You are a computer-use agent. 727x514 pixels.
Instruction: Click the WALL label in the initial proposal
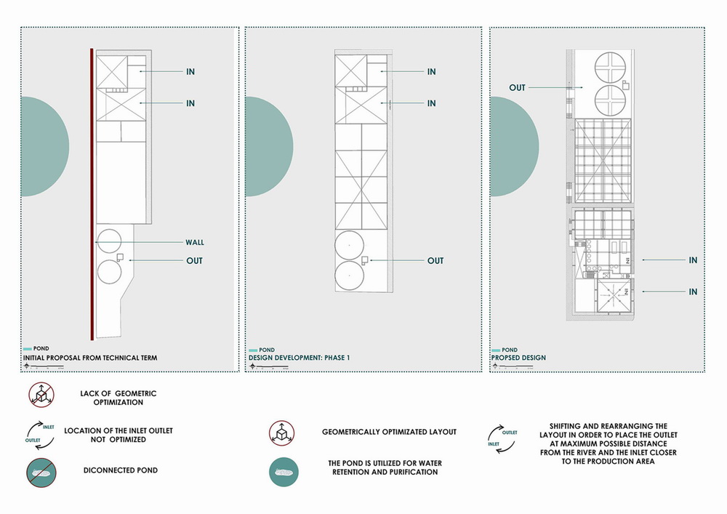193,243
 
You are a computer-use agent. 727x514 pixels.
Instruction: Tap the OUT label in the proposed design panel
517,88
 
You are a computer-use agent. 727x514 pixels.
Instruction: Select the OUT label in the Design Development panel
435,261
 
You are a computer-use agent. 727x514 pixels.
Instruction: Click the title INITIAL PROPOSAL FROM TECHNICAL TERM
90,358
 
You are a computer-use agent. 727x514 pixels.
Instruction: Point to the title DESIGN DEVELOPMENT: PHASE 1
299,358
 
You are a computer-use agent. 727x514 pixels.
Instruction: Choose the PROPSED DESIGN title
518,358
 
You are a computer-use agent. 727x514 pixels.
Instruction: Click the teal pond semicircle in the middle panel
268,148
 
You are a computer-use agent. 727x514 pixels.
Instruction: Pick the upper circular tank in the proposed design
611,68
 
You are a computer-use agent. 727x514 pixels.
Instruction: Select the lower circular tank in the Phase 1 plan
348,276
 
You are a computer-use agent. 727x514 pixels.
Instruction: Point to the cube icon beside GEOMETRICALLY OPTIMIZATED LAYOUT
281,432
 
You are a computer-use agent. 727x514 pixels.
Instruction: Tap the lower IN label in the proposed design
693,292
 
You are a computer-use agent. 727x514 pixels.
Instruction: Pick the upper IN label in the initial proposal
190,72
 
